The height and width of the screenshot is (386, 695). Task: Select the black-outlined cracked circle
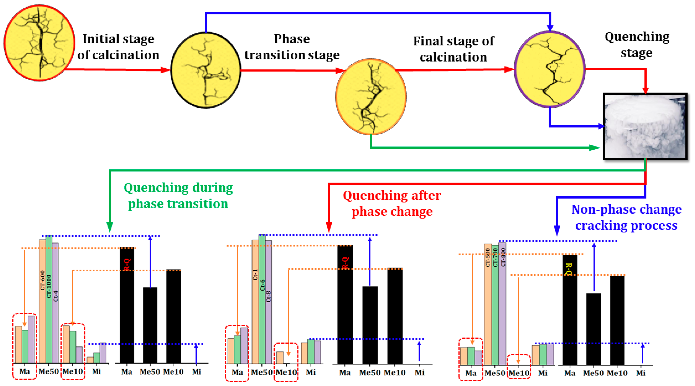(206, 70)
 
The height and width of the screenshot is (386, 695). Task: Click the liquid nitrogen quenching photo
(645, 126)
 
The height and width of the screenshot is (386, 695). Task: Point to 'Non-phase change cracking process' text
(627, 217)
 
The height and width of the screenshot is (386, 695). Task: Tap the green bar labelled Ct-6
(262, 300)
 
